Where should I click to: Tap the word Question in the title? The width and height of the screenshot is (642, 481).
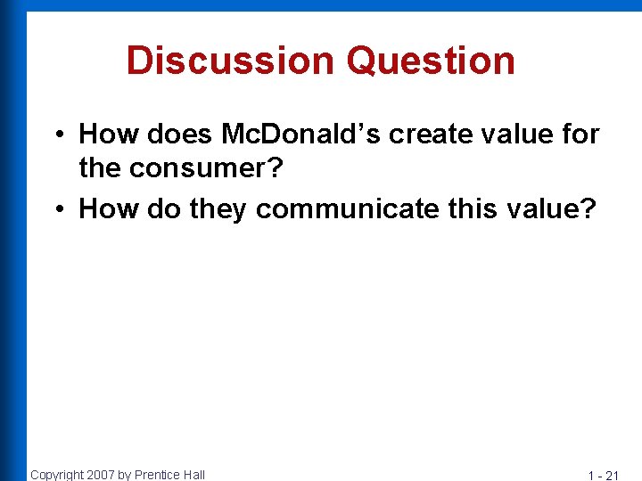pyautogui.click(x=432, y=61)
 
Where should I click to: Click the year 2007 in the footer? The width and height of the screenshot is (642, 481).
pyautogui.click(x=100, y=475)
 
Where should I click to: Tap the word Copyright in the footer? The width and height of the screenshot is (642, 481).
pyautogui.click(x=56, y=475)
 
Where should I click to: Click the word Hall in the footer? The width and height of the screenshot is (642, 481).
pyautogui.click(x=193, y=475)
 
